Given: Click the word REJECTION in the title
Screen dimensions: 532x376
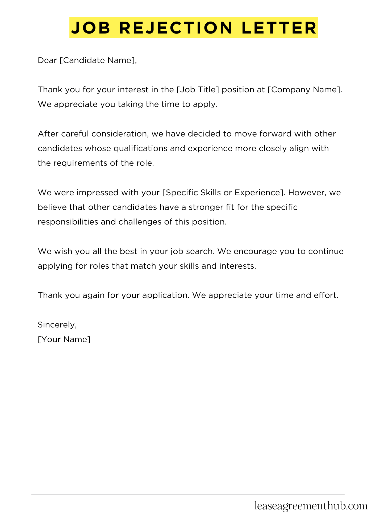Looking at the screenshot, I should [176, 28].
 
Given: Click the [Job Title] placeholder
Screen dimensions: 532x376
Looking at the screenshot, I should [198, 90].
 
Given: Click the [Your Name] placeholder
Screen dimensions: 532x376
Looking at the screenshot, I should [64, 339].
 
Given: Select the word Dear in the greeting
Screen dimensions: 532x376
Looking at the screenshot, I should [47, 61].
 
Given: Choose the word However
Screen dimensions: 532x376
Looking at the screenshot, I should [307, 193].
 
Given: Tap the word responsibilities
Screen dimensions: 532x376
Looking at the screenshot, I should [68, 222].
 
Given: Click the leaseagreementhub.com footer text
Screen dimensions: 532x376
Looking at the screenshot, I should [311, 506].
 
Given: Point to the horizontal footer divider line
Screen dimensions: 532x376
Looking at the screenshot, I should [188, 494].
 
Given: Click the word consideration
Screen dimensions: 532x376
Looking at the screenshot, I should [119, 134].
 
